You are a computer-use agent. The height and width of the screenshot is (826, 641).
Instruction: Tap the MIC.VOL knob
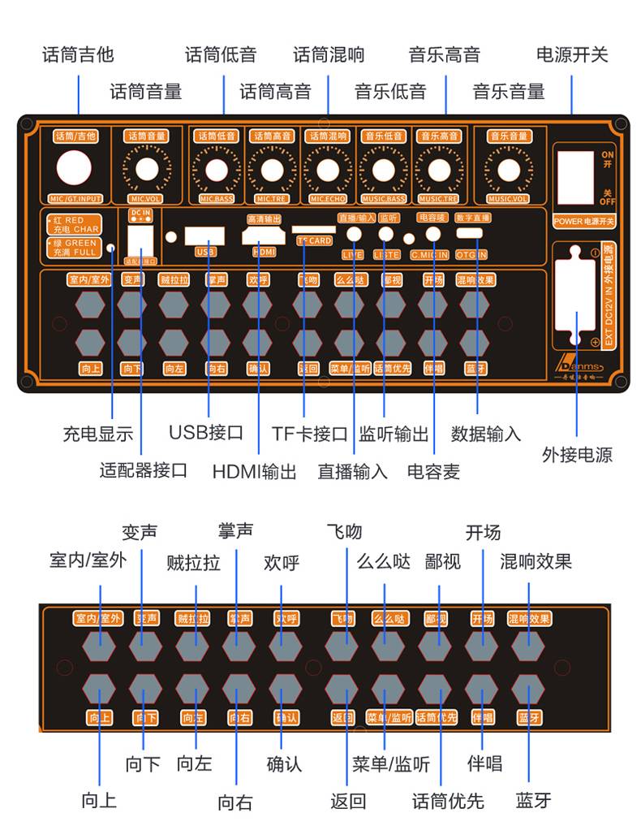(x=147, y=170)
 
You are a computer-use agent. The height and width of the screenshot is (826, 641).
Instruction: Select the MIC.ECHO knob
(x=328, y=170)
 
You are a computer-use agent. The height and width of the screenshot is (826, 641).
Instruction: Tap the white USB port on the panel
(x=204, y=235)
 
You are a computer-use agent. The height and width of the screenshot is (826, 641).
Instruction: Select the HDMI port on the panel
(x=264, y=236)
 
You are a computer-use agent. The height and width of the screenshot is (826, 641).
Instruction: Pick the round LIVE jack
(x=354, y=234)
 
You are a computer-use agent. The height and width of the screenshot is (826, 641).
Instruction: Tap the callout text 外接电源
(x=577, y=454)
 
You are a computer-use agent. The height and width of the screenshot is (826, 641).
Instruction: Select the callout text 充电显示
(x=97, y=434)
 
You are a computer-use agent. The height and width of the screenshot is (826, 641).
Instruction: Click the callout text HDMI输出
(x=254, y=471)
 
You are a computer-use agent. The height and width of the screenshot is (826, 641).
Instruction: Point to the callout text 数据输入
(x=486, y=434)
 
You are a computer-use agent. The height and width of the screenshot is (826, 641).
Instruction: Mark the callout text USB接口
(x=206, y=432)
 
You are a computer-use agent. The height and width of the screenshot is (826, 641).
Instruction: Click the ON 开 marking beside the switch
(x=606, y=158)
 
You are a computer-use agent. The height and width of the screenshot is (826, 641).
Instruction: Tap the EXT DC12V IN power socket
(x=577, y=296)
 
